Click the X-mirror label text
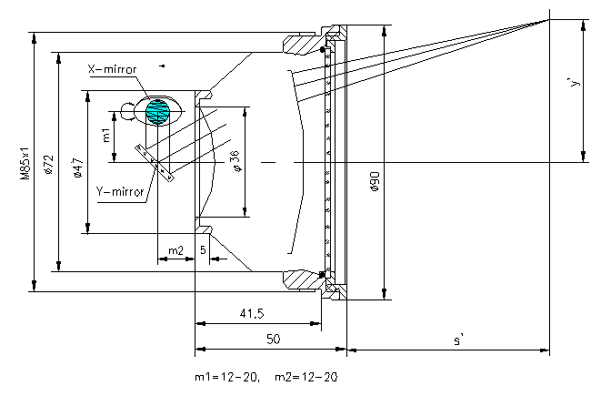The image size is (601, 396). pyautogui.click(x=112, y=69)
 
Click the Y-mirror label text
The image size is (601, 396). pyautogui.click(x=120, y=191)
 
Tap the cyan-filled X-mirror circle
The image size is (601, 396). pyautogui.click(x=157, y=112)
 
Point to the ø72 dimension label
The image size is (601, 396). pyautogui.click(x=49, y=165)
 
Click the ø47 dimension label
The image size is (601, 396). pyautogui.click(x=78, y=168)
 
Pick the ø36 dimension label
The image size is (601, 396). pyautogui.click(x=236, y=161)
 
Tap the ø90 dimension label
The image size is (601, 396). pyautogui.click(x=376, y=181)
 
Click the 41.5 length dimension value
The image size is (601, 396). pyautogui.click(x=252, y=314)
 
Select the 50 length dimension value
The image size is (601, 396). pyautogui.click(x=274, y=339)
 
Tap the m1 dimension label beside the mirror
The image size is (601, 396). pyautogui.click(x=106, y=135)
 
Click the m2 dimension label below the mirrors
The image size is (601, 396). pyautogui.click(x=175, y=250)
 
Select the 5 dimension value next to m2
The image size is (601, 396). pyautogui.click(x=203, y=249)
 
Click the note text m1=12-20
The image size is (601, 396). pyautogui.click(x=227, y=377)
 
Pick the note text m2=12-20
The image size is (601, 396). pyautogui.click(x=306, y=377)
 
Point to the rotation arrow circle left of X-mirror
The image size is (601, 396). pyautogui.click(x=127, y=111)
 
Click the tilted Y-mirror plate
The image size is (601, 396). pyautogui.click(x=155, y=163)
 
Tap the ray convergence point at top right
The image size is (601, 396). pyautogui.click(x=549, y=19)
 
